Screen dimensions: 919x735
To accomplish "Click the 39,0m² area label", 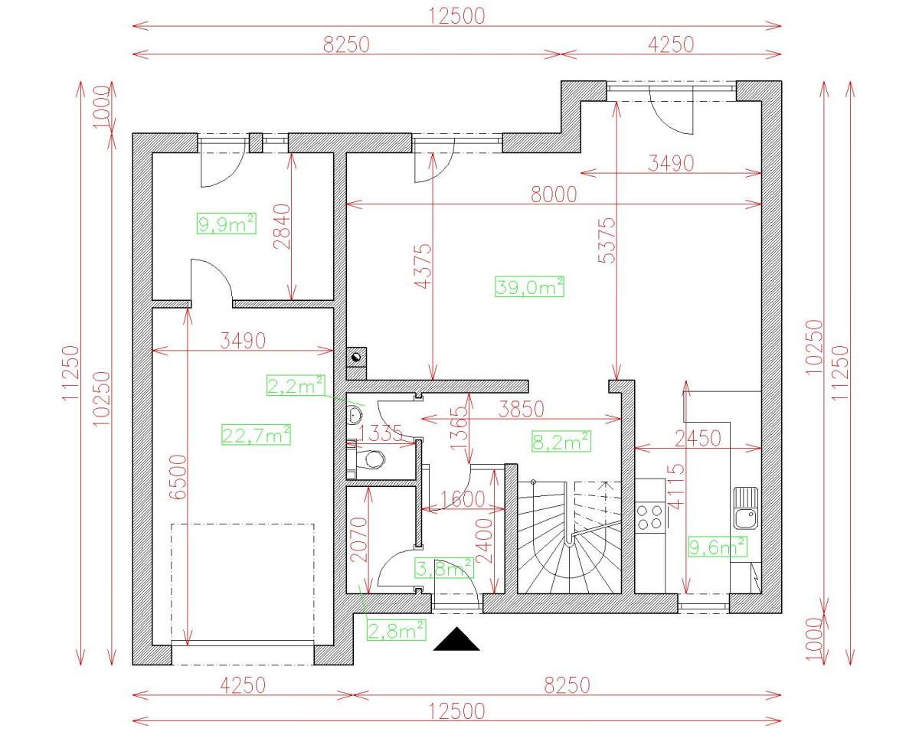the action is coord(529,286).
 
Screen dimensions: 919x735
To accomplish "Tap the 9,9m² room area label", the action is coord(227,224).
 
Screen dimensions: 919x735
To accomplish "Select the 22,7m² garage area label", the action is coord(256,434).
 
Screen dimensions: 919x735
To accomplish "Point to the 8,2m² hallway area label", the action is coord(561,441).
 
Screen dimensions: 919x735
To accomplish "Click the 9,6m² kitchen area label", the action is coord(718,547).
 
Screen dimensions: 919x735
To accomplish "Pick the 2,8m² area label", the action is coord(397,630).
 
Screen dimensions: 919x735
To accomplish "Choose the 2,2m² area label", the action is coord(296,385).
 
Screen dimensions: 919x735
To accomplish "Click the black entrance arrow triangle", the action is coord(456,639).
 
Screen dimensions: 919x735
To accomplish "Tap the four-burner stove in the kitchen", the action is coord(649,518).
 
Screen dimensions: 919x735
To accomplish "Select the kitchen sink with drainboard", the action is coord(746,508).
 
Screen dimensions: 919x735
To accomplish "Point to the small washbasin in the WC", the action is coord(354,414).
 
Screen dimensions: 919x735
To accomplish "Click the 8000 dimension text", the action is coord(554,194).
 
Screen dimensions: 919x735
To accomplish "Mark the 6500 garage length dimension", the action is coord(178,477).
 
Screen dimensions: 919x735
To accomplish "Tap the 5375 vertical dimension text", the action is coord(607,240).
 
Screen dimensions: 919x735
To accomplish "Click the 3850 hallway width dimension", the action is coord(522,409).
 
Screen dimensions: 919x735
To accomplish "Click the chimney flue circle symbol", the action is coord(356,357).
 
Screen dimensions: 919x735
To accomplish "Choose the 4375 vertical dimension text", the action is coord(424,266).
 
